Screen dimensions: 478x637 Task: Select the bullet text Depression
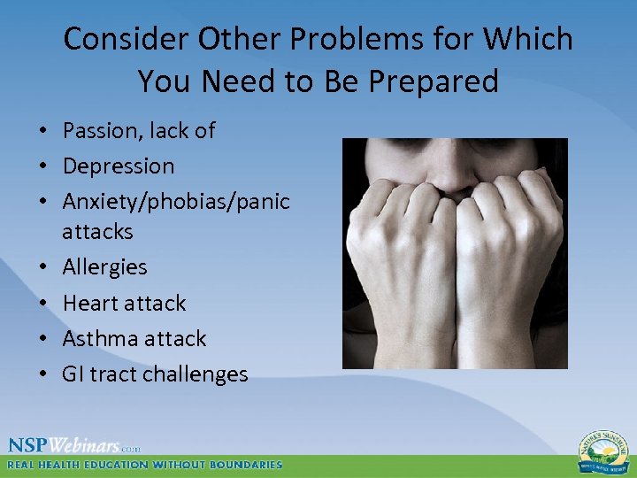(119, 166)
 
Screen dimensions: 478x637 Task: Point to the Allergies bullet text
(104, 266)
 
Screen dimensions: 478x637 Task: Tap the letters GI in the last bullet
(72, 374)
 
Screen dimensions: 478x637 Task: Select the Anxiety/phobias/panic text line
(176, 202)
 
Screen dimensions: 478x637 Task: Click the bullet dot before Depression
(42, 166)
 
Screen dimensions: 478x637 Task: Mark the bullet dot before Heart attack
(42, 304)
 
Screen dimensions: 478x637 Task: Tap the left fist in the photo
(398, 239)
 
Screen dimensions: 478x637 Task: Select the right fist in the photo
(513, 239)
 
